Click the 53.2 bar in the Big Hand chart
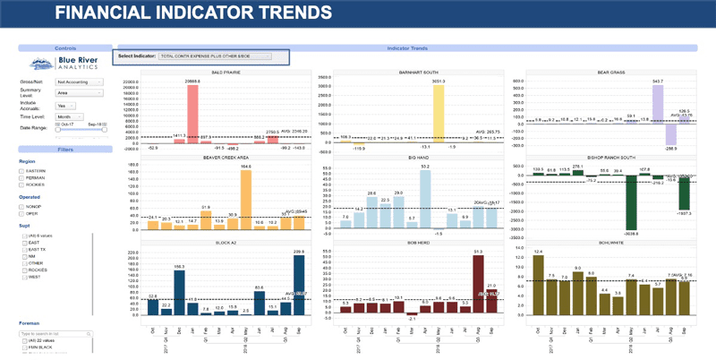coord(425,196)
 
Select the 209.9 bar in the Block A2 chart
coord(299,284)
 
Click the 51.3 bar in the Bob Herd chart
coord(478,284)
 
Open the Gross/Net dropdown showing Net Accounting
coord(80,81)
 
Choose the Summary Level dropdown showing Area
coord(80,92)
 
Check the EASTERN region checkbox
coord(22,170)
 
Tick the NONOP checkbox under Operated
coord(22,205)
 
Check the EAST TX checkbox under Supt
coord(26,250)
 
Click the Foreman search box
coord(57,333)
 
